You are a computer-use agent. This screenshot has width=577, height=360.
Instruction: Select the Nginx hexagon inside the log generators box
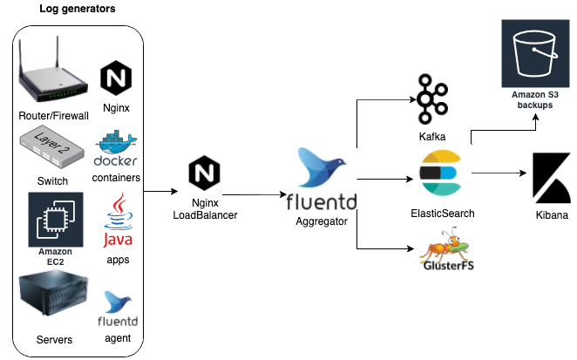pos(116,78)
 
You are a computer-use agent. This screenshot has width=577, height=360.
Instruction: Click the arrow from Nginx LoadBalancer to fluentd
pos(252,194)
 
